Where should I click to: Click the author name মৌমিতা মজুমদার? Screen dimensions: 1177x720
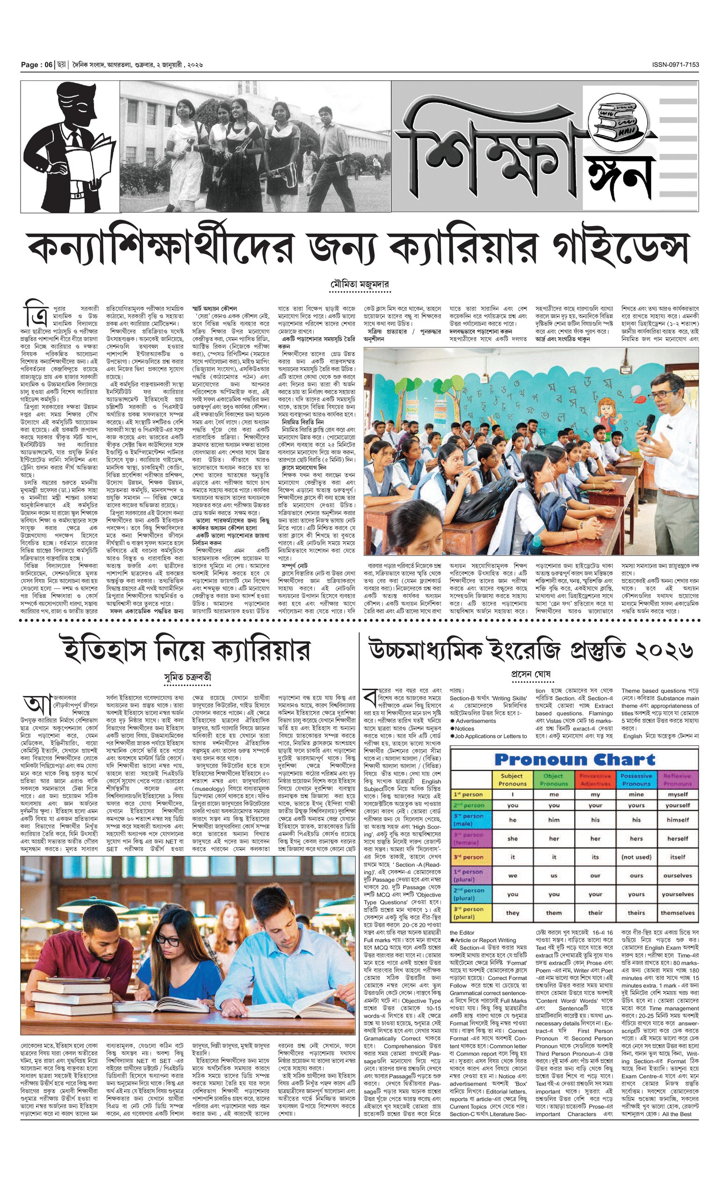coord(360,285)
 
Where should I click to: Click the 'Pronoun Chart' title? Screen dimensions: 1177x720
coord(575,759)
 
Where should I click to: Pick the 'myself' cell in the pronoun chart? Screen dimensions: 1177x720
coord(677,794)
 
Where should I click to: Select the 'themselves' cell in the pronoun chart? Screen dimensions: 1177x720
coord(677,913)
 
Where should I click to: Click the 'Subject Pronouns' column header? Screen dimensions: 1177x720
coord(512,780)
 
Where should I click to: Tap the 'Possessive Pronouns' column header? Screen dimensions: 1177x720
coord(636,780)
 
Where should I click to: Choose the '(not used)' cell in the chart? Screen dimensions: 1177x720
coord(636,857)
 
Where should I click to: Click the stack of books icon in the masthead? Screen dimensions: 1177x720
coord(619,118)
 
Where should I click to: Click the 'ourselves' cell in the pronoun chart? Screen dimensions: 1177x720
coord(677,876)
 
